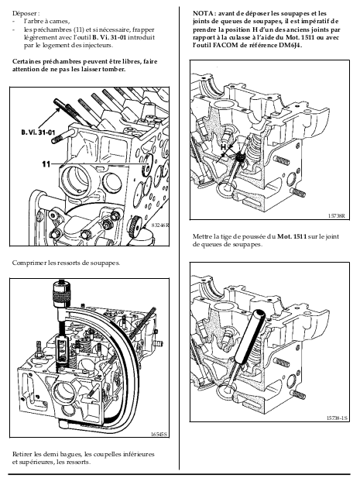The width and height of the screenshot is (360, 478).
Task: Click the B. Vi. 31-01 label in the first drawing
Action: click(39, 132)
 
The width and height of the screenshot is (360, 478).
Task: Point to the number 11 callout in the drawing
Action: click(46, 164)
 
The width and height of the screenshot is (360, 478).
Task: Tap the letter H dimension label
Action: click(224, 147)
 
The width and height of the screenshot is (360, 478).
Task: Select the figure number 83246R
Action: click(160, 225)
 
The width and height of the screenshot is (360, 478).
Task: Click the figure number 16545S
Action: click(159, 434)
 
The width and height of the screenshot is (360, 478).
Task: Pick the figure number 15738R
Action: click(337, 215)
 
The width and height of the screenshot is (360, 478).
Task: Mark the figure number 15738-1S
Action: click(337, 418)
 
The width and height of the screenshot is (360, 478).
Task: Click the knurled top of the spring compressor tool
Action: click(61, 294)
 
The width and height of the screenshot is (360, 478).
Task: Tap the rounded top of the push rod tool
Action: click(259, 314)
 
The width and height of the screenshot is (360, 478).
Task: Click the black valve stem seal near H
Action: click(241, 157)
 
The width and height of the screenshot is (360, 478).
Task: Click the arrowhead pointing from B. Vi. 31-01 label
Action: click(58, 110)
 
